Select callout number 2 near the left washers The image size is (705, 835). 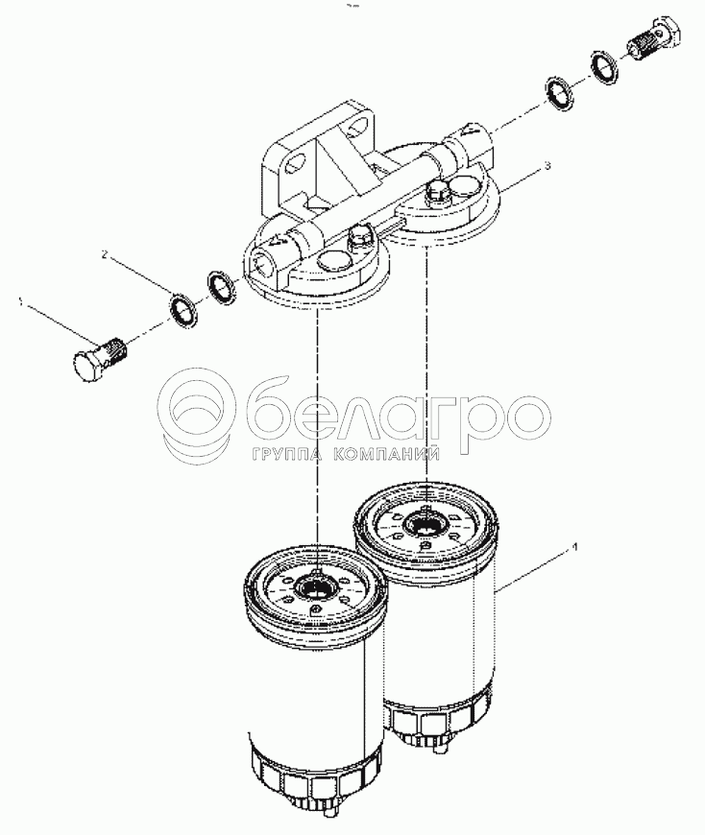[105, 256]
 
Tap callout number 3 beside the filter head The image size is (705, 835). [547, 166]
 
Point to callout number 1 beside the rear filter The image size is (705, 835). [574, 546]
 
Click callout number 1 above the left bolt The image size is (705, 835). [21, 301]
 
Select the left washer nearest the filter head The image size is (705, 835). [221, 287]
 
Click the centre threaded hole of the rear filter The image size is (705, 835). [425, 528]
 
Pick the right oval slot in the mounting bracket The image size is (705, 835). [356, 129]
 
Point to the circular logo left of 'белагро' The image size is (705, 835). [197, 414]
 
